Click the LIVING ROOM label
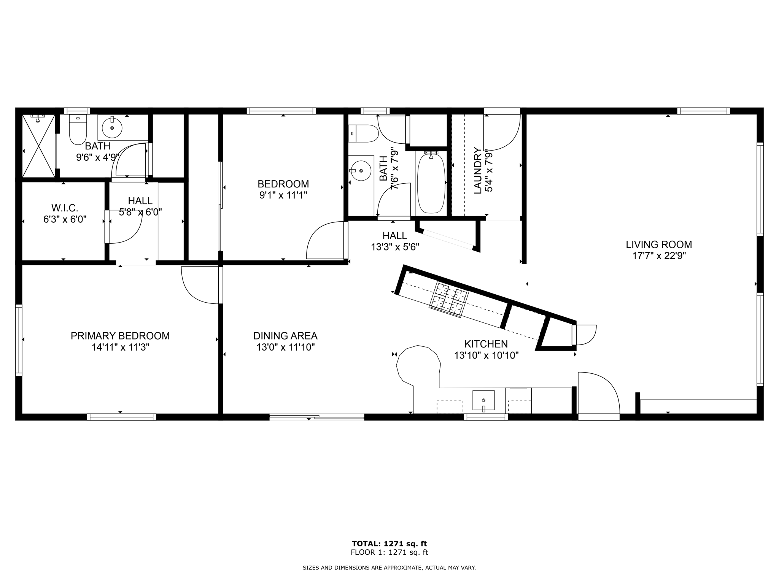659,244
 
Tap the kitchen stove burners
448,300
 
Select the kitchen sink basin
483,400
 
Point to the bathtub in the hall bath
431,183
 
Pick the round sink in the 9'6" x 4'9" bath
112,128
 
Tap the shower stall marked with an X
39,146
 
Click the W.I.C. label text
65,208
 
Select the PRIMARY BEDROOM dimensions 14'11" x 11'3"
120,347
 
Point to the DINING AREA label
285,336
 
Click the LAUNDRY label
478,171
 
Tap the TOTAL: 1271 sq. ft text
389,544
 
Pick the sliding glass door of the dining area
316,417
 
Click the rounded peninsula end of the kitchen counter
418,363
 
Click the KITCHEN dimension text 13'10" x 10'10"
486,355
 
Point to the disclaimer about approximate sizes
389,568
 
